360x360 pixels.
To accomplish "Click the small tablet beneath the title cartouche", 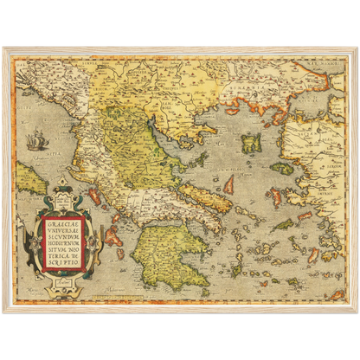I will coord(71,276).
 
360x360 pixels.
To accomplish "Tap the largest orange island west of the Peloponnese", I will coord(112,235).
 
